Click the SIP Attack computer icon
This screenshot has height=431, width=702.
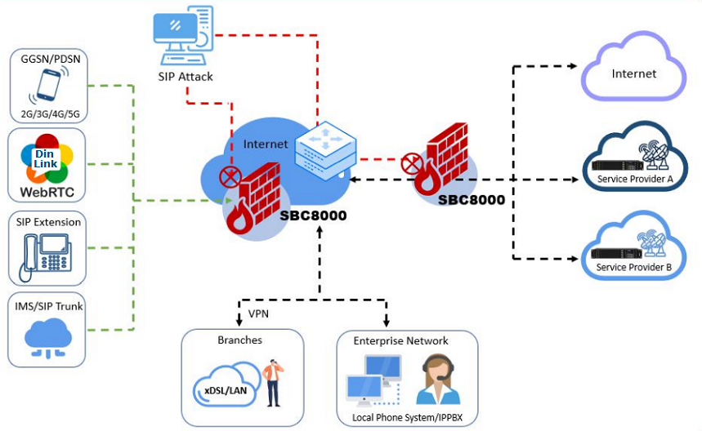[184, 36]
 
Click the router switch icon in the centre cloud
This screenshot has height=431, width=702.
[325, 149]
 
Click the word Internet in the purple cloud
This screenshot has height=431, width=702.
[633, 73]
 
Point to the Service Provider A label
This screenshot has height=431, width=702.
[634, 179]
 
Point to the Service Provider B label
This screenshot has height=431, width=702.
[634, 267]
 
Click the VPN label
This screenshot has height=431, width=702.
[258, 313]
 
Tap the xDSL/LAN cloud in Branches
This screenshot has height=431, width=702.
[226, 390]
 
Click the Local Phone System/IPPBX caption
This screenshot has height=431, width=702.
[406, 417]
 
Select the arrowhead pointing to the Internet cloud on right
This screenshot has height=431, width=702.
[573, 66]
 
